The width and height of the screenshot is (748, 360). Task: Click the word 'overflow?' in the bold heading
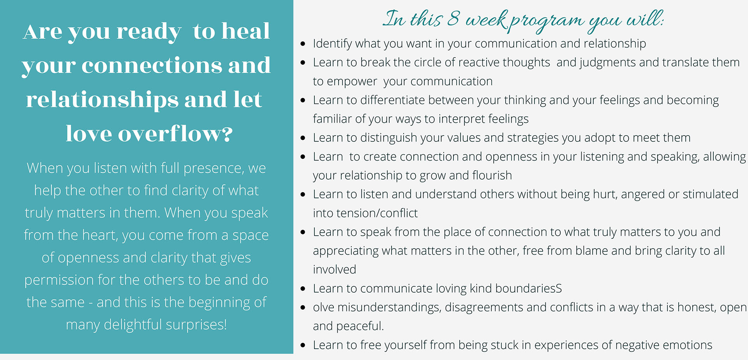coord(175,134)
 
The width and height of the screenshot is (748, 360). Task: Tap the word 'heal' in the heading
coord(245,31)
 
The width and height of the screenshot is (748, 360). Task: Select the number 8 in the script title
coord(453,18)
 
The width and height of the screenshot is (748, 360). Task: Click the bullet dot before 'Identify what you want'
coord(303,44)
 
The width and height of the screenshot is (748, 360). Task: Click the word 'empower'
coord(352,82)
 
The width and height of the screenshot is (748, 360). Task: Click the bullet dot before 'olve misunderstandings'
coord(303,308)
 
